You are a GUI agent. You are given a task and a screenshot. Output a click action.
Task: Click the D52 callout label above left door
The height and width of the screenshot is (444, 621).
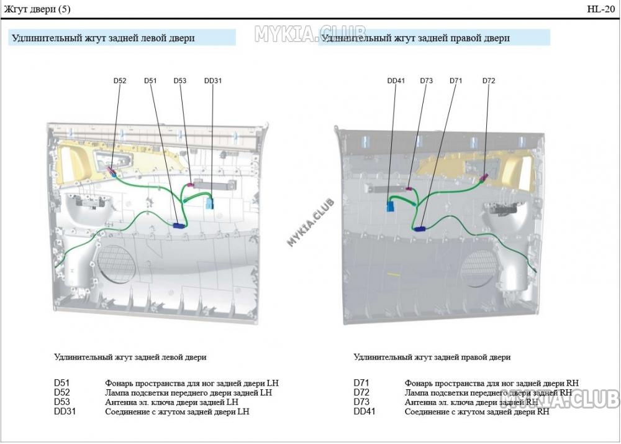tap(120, 81)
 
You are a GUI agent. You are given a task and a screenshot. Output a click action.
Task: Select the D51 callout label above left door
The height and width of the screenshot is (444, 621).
tap(150, 81)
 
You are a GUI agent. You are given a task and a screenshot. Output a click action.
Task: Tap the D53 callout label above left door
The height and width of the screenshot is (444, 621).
tap(180, 81)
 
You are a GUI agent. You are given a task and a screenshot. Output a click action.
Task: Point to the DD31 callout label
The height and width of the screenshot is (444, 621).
tap(213, 81)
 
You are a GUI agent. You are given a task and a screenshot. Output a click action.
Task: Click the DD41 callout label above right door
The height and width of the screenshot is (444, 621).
tap(396, 81)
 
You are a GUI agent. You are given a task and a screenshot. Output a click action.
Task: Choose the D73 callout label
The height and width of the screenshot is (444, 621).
tap(426, 81)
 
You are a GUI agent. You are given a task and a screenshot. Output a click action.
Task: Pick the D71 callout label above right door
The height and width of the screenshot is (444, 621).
tap(456, 81)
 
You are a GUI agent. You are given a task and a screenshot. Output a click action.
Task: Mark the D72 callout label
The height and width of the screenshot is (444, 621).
tap(489, 81)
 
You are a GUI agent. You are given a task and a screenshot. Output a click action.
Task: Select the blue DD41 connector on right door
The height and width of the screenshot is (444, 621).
tap(391, 206)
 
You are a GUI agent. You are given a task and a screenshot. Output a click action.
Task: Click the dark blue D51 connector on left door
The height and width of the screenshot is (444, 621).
tap(179, 226)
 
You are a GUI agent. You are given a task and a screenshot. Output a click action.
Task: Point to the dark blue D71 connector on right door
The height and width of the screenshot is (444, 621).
tap(420, 229)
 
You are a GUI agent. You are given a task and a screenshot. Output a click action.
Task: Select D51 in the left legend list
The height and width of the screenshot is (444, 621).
tap(61, 384)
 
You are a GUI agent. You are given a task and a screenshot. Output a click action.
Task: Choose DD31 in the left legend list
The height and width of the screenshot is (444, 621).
tap(65, 411)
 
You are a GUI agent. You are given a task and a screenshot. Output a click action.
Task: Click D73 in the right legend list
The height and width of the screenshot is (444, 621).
tap(361, 402)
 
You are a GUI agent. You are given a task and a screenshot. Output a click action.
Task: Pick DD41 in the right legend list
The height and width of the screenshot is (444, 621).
tap(365, 411)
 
